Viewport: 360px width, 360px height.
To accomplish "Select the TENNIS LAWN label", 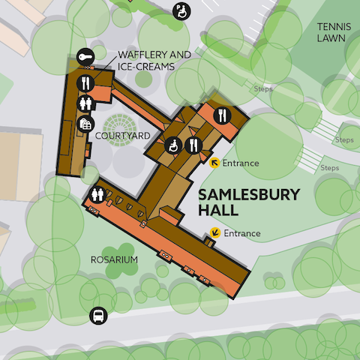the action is tap(334, 32).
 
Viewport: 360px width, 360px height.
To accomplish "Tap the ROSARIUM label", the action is tap(115, 259).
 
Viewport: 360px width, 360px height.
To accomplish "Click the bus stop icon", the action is tap(97, 316).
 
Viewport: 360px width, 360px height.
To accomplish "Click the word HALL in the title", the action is tap(219, 211).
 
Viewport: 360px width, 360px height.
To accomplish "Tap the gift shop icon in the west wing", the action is tap(85, 124).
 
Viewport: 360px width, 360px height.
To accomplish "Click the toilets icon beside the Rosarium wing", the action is tap(97, 194).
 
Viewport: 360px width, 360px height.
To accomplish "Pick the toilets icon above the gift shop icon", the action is tap(86, 102).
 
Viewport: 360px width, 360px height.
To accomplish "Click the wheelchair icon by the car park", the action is tap(181, 10).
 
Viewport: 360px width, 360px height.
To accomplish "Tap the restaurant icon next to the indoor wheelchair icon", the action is tap(193, 144).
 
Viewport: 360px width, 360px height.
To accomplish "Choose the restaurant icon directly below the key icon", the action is tap(86, 81).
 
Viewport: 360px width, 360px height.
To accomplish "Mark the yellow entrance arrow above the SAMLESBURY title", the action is tap(214, 163).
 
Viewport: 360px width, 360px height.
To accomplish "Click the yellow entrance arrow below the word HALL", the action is tap(215, 233).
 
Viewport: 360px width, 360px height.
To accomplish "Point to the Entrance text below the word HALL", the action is tap(241, 233).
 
